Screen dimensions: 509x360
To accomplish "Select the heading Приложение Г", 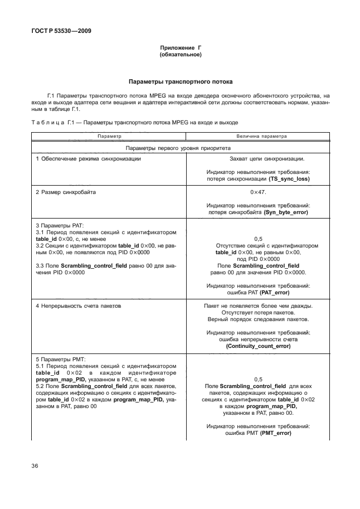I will point(180,49).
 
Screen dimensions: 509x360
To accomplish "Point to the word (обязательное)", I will point(180,55).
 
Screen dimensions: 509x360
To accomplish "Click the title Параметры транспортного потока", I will point(180,81).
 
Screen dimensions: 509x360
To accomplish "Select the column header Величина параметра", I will point(258,136).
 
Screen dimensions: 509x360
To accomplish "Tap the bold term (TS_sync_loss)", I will point(289,179).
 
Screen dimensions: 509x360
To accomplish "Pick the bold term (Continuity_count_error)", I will point(258,346).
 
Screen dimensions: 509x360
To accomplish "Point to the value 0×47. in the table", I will point(258,192).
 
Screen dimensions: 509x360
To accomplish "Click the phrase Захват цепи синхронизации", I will point(258,159).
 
